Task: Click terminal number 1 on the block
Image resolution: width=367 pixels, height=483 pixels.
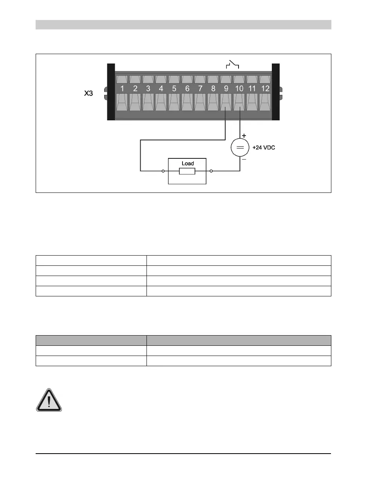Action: [122, 89]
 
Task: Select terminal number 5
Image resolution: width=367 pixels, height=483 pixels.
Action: [174, 89]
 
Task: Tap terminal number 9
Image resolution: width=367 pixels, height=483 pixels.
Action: [226, 89]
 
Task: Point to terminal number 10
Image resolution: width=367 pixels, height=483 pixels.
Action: [239, 89]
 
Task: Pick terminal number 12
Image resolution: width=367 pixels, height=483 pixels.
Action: [265, 89]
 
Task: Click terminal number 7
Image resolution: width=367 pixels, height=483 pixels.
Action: [200, 89]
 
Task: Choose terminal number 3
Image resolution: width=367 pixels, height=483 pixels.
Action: [148, 89]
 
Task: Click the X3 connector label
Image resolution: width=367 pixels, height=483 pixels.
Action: [89, 94]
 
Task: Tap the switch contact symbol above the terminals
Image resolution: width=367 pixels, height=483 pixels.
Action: [233, 64]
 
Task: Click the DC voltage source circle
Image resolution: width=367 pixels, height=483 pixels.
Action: [239, 148]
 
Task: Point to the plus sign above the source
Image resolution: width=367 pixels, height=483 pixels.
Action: [244, 136]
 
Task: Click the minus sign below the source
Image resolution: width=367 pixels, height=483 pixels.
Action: [244, 160]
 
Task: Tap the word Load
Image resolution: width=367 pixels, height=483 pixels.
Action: [188, 163]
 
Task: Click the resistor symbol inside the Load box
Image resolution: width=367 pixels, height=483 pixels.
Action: [187, 171]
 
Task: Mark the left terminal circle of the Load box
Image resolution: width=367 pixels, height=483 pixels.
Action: [163, 171]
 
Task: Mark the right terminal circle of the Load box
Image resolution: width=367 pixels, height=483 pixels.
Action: [212, 171]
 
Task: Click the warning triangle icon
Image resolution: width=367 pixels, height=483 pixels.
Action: [49, 400]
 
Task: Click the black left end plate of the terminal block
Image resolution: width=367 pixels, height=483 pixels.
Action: [110, 92]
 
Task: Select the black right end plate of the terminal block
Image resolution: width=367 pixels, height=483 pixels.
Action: [275, 92]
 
